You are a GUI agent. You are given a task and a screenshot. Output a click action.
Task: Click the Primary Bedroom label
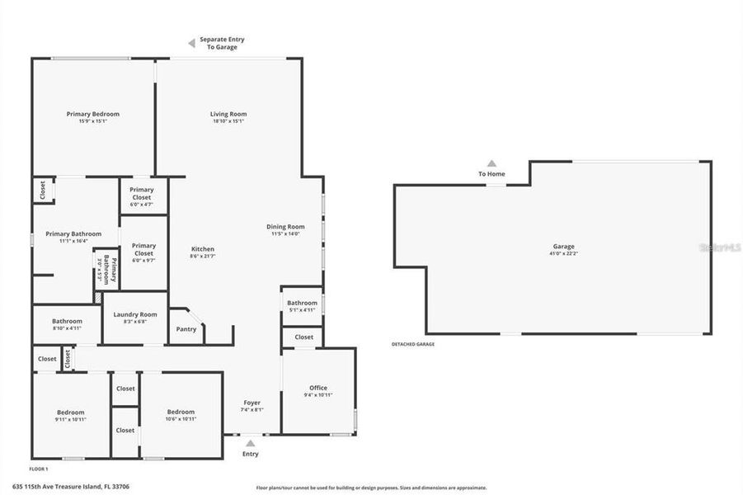tap(93, 114)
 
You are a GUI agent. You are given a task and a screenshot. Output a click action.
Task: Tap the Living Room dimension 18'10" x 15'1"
tap(228, 121)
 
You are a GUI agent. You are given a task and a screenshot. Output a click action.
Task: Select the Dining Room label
tap(285, 227)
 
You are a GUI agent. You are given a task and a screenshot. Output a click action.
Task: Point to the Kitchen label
tap(203, 249)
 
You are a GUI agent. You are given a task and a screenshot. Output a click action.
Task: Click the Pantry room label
tap(186, 329)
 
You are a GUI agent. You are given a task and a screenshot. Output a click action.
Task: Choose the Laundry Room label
tap(135, 314)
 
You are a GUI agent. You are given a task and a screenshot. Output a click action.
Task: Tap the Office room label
tap(318, 388)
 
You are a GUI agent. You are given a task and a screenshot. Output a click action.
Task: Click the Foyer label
tap(252, 403)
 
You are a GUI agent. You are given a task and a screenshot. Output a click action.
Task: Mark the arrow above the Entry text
tap(251, 443)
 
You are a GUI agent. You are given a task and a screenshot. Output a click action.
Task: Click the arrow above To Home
tap(491, 163)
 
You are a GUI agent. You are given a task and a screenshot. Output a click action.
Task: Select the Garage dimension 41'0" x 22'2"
tap(564, 253)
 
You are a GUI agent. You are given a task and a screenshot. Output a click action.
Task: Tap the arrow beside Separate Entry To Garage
tap(190, 43)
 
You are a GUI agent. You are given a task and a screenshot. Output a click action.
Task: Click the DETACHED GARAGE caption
tap(413, 344)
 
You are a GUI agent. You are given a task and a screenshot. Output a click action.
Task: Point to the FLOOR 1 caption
tap(38, 469)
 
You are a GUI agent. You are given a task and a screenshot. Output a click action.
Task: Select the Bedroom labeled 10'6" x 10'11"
tap(181, 412)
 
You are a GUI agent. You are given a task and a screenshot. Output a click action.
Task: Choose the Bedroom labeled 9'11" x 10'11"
tap(71, 412)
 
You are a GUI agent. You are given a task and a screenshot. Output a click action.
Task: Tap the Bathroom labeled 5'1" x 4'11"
tap(302, 304)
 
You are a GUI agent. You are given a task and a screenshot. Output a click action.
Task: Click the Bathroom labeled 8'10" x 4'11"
tap(67, 321)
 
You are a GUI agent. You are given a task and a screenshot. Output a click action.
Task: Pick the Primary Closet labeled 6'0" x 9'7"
tap(143, 246)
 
